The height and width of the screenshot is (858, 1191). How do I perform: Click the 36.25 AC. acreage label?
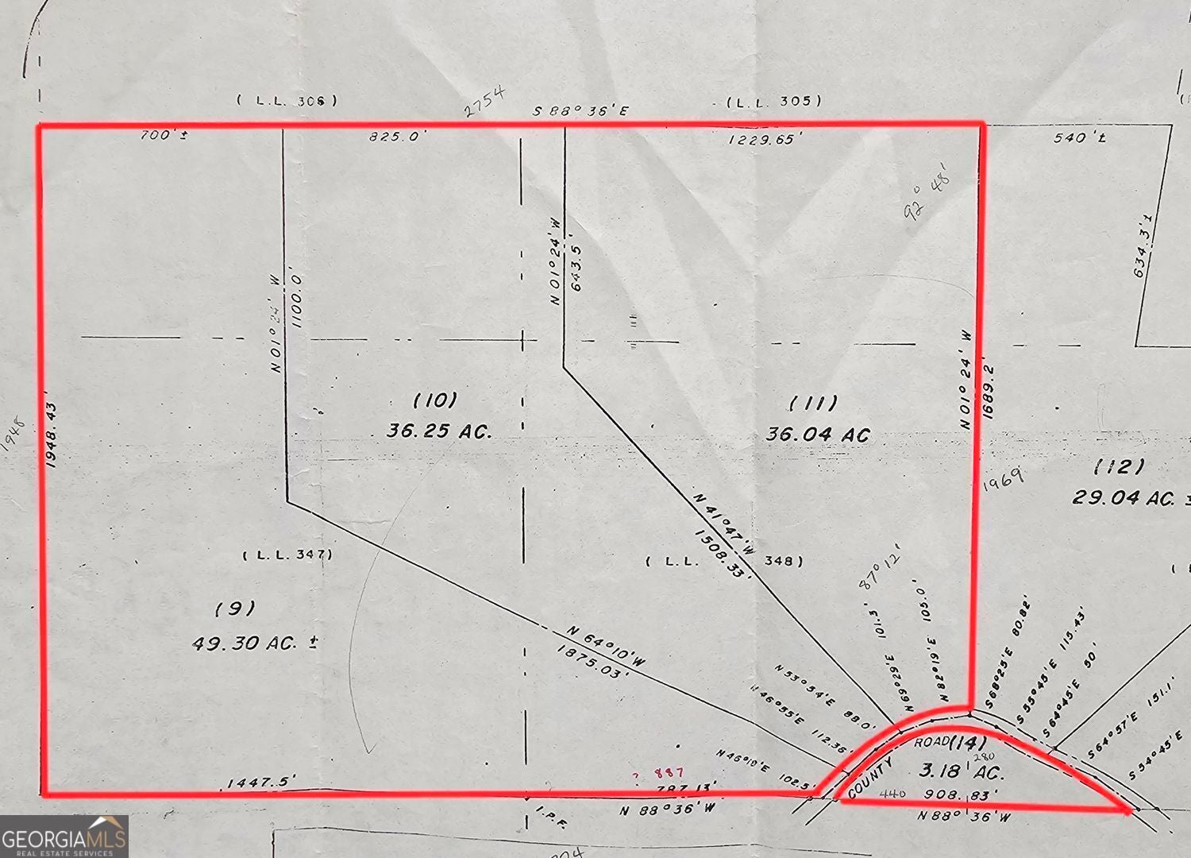click(x=439, y=431)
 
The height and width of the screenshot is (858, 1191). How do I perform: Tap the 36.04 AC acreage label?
click(x=818, y=435)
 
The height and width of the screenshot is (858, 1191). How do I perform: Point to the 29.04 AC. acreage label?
click(x=1124, y=497)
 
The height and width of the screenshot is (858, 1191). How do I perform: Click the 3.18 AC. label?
click(x=962, y=771)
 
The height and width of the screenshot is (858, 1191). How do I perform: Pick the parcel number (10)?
click(x=435, y=399)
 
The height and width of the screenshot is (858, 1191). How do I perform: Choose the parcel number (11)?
click(x=813, y=403)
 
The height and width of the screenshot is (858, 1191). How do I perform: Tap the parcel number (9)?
click(x=235, y=609)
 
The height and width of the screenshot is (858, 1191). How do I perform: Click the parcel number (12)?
click(x=1119, y=466)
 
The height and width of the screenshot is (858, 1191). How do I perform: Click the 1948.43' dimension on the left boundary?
click(x=52, y=427)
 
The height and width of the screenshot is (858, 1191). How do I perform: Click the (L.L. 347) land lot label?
click(x=287, y=555)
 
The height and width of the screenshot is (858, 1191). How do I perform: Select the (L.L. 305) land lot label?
click(x=774, y=101)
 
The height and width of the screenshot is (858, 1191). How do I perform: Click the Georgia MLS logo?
click(x=64, y=837)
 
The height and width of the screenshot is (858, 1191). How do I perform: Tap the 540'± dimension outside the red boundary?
click(x=1080, y=138)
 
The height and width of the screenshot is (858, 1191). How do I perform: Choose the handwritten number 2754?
click(x=484, y=102)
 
